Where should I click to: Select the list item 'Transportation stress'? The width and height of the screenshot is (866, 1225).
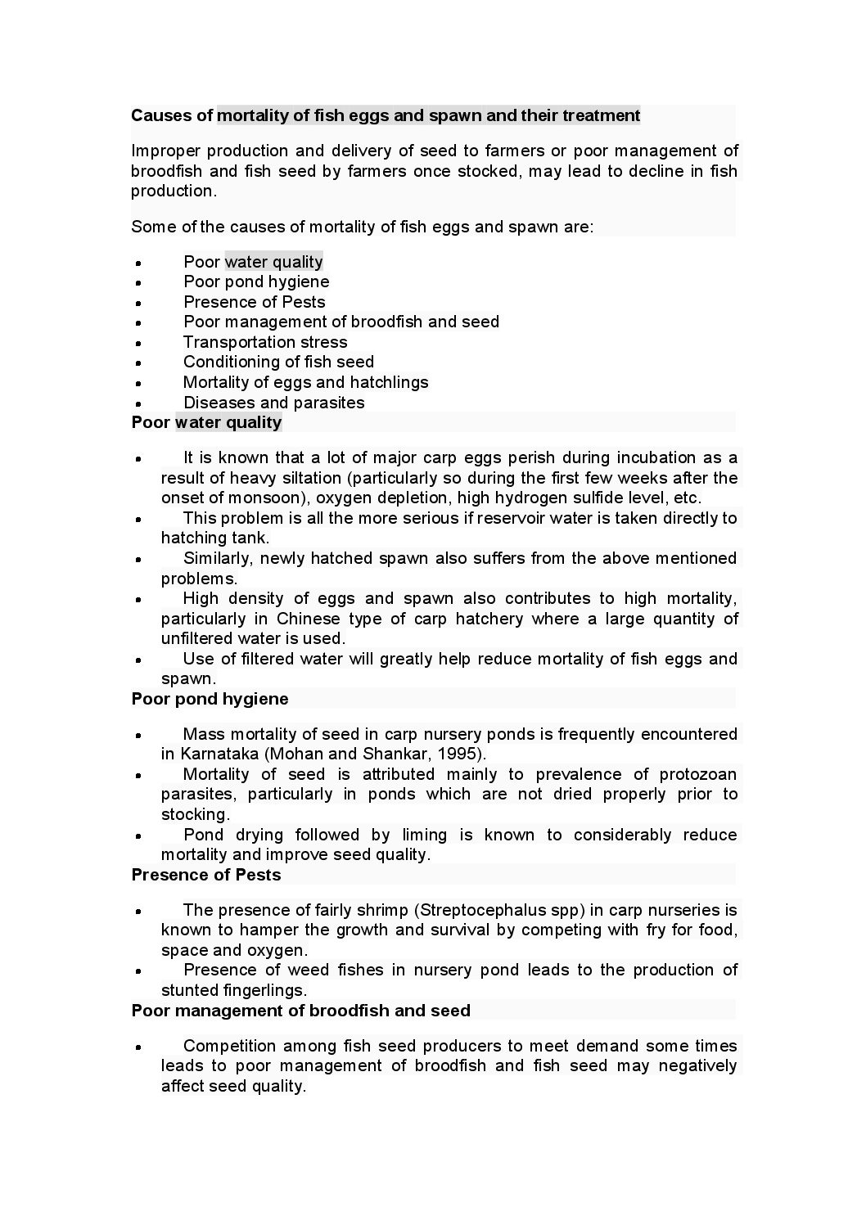265,342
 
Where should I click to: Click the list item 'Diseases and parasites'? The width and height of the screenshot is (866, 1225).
273,403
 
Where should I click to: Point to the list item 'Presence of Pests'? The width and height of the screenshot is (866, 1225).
254,302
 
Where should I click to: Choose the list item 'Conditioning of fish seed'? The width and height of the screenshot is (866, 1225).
278,362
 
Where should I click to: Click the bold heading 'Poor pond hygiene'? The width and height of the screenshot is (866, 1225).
210,699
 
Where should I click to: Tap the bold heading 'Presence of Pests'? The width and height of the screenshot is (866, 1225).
205,875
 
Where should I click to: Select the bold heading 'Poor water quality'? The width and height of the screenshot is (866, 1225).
206,422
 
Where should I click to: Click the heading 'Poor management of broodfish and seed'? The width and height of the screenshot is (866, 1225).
300,1011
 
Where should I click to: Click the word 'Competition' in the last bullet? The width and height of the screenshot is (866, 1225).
229,1046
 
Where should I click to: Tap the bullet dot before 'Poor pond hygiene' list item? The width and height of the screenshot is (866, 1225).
139,283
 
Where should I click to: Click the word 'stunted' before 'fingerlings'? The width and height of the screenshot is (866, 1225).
190,990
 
